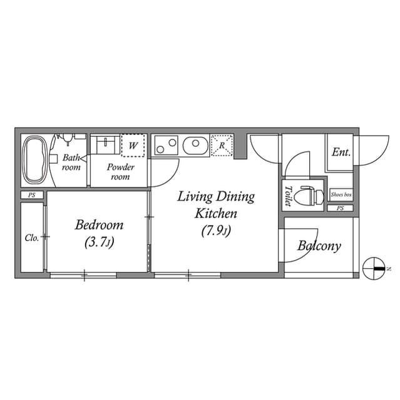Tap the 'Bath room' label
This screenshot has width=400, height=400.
(71, 162)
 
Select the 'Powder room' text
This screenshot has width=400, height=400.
(120, 172)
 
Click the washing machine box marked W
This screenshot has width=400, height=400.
(133, 146)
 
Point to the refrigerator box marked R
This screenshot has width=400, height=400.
(222, 146)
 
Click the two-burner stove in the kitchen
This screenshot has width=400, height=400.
(167, 146)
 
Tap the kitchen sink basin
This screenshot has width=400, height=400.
(196, 146)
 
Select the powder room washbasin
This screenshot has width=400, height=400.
(104, 146)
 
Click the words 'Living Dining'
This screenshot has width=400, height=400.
(216, 197)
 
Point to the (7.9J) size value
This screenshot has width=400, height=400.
(216, 231)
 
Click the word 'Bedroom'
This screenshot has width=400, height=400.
(99, 225)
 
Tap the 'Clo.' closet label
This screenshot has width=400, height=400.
(32, 237)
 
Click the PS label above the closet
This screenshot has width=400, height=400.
(31, 196)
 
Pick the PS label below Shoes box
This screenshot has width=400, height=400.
(340, 208)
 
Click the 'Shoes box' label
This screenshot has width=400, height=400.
(341, 195)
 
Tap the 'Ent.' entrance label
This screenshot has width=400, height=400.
(341, 152)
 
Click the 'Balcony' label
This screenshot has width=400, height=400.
(319, 246)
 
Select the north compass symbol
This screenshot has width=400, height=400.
(374, 267)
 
